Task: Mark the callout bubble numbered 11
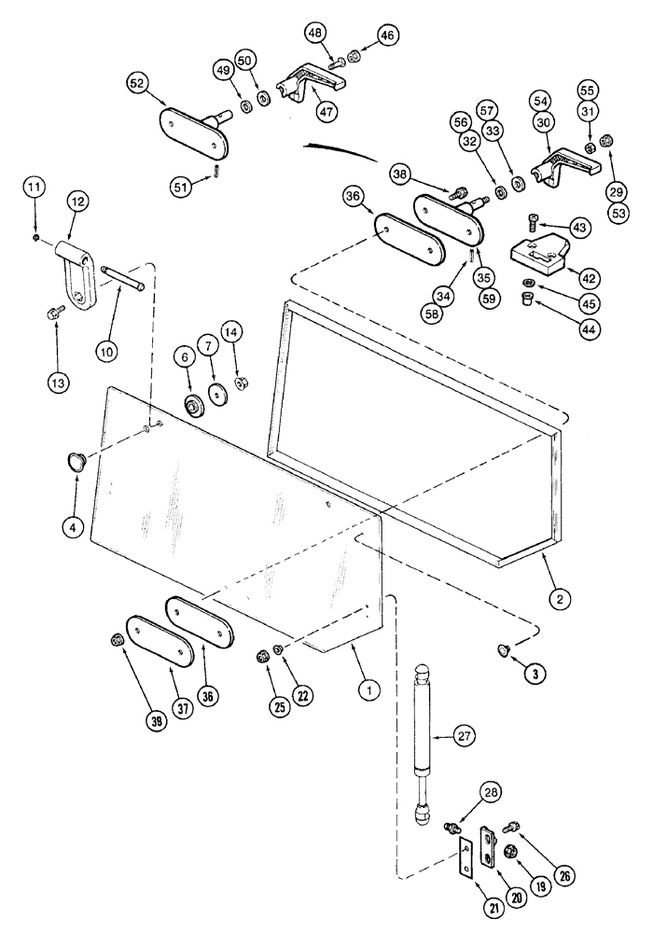[x=35, y=189]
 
